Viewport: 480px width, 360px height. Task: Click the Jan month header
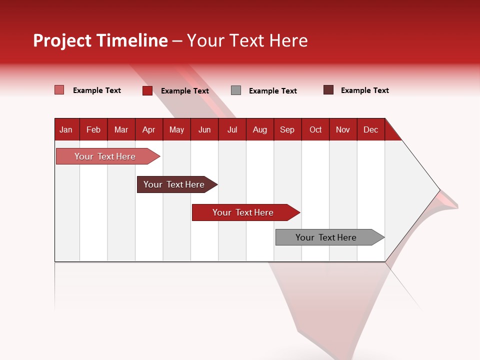point(66,129)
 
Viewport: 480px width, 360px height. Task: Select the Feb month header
point(93,129)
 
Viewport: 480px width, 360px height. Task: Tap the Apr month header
point(148,129)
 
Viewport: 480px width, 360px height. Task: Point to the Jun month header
point(204,129)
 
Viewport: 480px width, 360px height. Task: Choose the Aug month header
point(259,129)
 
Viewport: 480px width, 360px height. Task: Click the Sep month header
point(287,129)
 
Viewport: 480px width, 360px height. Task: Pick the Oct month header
point(315,129)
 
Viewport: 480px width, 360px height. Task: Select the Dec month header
point(370,129)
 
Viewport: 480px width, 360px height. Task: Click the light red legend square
point(59,90)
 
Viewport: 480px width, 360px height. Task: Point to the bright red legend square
point(147,90)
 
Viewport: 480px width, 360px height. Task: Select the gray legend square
point(236,90)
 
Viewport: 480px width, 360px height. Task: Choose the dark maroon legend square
point(328,90)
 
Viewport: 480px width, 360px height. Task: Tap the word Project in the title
point(62,40)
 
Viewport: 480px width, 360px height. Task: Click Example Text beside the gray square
point(272,91)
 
